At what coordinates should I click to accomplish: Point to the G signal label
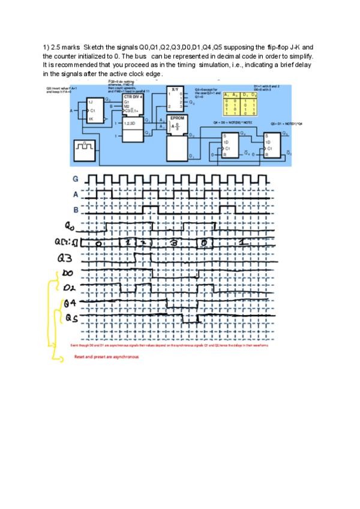point(76,179)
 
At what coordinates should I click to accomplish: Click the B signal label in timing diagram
point(76,210)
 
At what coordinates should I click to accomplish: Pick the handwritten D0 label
point(68,273)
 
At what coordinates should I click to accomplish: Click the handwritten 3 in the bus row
point(173,242)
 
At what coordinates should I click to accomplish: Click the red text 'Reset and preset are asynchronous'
point(106,357)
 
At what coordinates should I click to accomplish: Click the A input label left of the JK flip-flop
point(71,111)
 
